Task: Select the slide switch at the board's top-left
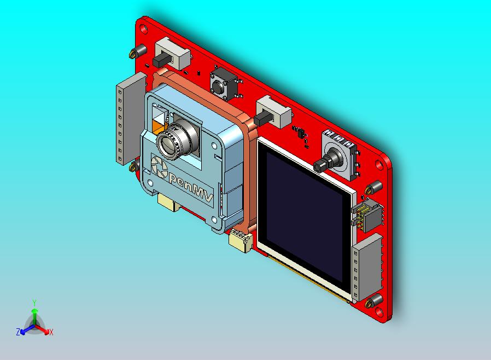click(x=171, y=55)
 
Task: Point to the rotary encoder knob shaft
click(x=326, y=162)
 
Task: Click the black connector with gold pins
click(x=363, y=217)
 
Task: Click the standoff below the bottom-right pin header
click(x=376, y=301)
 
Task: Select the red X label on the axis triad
click(x=51, y=332)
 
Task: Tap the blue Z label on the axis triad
click(x=18, y=332)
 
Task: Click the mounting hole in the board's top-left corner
click(x=144, y=26)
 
